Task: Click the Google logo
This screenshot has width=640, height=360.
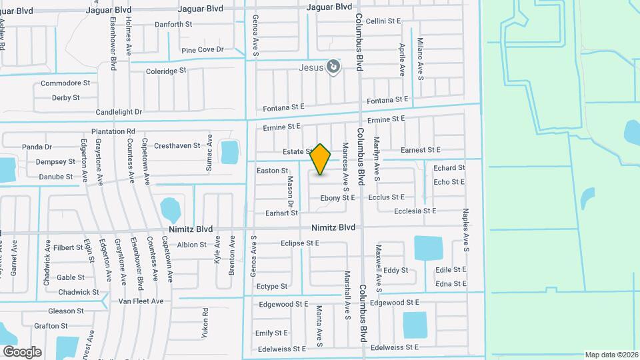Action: click(22, 351)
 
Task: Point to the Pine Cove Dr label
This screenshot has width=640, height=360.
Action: click(202, 50)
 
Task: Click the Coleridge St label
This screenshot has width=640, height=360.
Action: click(166, 71)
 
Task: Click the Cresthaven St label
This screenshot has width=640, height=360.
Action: click(177, 145)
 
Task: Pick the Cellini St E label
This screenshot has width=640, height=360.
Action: click(383, 21)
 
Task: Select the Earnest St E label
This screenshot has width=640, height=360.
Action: click(420, 151)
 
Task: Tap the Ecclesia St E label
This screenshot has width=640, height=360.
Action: click(415, 211)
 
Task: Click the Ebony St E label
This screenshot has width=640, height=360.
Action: click(337, 198)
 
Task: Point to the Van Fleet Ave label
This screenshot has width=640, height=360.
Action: click(141, 301)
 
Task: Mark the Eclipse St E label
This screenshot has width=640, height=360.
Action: click(300, 243)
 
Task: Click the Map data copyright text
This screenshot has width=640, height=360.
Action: click(611, 355)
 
